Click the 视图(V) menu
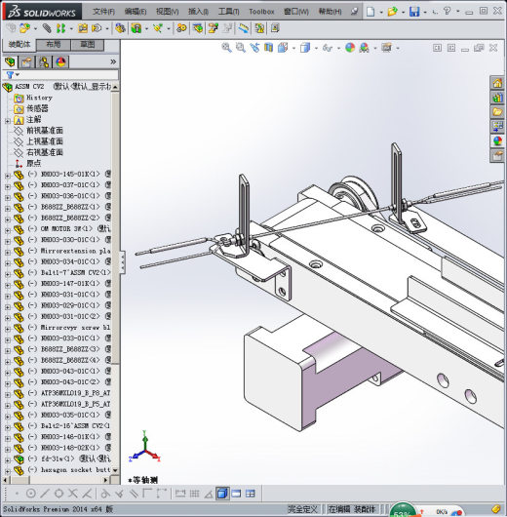point(169,12)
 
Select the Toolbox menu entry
point(261,12)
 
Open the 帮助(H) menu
point(330,12)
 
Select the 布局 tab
point(54,45)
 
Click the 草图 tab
point(88,45)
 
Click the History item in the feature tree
point(39,98)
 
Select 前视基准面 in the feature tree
point(45,130)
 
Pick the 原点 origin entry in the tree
point(33,163)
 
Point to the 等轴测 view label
point(144,480)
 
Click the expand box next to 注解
point(8,120)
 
